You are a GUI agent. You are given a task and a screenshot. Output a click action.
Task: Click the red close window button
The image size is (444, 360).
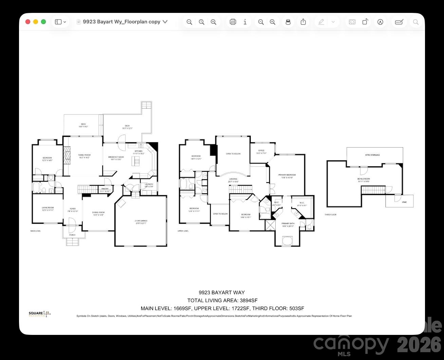pyautogui.click(x=28, y=22)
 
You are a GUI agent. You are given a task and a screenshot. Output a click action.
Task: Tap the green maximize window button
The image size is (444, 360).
pyautogui.click(x=43, y=22)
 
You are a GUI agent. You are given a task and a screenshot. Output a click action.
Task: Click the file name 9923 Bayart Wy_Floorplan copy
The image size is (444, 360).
pyautogui.click(x=122, y=22)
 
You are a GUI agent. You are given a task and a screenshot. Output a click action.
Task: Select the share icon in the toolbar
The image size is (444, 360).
pyautogui.click(x=303, y=22)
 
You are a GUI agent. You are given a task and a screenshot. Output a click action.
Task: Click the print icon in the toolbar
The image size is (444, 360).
pyautogui.click(x=233, y=22)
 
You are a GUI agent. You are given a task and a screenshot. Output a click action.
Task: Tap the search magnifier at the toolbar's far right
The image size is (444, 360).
pyautogui.click(x=415, y=22)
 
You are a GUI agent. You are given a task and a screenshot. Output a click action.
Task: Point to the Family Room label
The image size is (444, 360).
pyautogui.click(x=84, y=155)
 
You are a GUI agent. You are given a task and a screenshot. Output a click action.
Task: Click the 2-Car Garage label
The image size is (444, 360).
pyautogui.click(x=141, y=221)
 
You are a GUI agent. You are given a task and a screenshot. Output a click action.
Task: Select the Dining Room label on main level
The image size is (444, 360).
pyautogui.click(x=98, y=213)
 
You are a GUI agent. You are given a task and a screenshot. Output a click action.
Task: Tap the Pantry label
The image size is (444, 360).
pyautogui.click(x=105, y=189)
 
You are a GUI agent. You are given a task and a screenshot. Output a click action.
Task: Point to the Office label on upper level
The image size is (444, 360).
pyautogui.click(x=261, y=151)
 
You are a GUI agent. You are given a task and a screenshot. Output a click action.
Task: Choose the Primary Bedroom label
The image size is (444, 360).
pyautogui.click(x=287, y=175)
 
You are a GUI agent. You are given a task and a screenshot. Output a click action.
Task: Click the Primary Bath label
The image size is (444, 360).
pyautogui.click(x=288, y=224)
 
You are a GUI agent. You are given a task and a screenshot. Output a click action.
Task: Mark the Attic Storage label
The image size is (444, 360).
pyautogui.click(x=372, y=155)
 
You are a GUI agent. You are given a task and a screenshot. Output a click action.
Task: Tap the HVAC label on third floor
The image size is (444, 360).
pyautogui.click(x=404, y=202)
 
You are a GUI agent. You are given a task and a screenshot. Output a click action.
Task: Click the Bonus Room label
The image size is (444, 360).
pyautogui.click(x=364, y=179)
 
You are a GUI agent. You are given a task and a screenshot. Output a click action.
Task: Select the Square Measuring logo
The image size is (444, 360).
pyautogui.click(x=39, y=314)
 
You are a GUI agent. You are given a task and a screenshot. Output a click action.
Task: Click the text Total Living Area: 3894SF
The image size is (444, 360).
pyautogui.click(x=222, y=300)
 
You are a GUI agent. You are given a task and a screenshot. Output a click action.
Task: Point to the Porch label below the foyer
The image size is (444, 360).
pyautogui.click(x=72, y=235)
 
